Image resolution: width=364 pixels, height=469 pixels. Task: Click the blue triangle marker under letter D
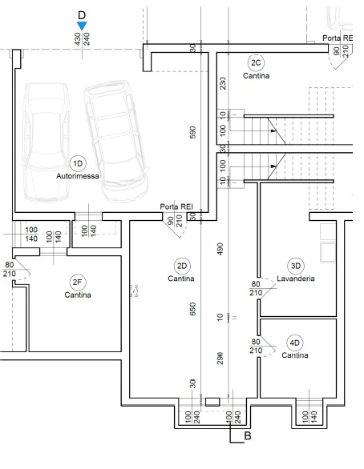coord(82,26)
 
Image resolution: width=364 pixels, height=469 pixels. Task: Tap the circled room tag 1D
coord(78,163)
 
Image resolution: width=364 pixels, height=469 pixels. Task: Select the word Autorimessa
coord(78,176)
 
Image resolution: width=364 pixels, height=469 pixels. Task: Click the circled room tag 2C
coord(256,62)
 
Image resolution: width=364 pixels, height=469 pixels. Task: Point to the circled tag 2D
coord(182,266)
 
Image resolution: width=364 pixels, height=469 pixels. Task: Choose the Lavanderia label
coord(296,279)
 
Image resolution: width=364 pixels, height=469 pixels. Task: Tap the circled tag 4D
coord(295,343)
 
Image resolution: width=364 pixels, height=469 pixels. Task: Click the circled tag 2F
coord(77,282)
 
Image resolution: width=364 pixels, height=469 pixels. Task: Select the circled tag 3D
coord(296,266)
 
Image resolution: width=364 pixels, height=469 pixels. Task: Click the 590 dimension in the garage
coord(193,132)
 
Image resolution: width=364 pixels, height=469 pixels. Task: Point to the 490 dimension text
coord(220,249)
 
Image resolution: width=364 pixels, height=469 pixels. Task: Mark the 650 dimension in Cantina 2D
coord(193,309)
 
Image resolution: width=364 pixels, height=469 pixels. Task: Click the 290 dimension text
coord(220,359)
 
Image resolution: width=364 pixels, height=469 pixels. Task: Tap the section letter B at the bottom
coord(248,436)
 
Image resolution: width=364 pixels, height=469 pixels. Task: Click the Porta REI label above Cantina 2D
coord(176,206)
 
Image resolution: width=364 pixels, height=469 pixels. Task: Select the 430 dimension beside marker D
coord(78,39)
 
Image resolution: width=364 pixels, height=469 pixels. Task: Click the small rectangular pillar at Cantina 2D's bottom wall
coord(212,402)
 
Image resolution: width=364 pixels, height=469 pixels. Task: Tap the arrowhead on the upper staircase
coord(273,130)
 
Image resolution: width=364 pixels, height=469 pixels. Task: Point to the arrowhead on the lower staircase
coord(273,166)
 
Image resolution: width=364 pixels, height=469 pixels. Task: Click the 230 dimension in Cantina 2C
coord(223,83)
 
